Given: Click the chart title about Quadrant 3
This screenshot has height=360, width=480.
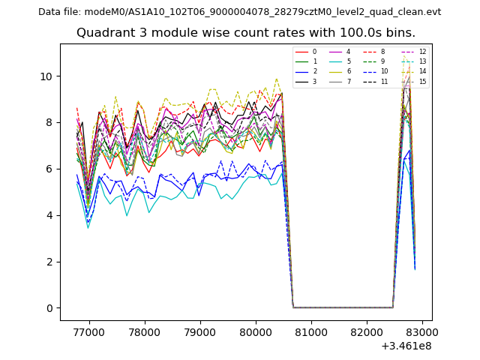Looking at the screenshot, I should click(246, 33).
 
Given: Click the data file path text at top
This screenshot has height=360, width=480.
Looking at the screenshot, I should click(239, 11).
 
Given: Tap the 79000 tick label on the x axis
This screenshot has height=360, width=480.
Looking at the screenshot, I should click(200, 331).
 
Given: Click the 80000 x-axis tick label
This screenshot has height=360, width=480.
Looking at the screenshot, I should click(256, 331).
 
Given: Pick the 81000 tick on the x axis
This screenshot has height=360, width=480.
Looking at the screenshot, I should click(311, 331).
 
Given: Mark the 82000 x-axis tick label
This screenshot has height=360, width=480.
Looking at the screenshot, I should click(367, 331).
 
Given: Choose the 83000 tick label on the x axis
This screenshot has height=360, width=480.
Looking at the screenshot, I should click(422, 331).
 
